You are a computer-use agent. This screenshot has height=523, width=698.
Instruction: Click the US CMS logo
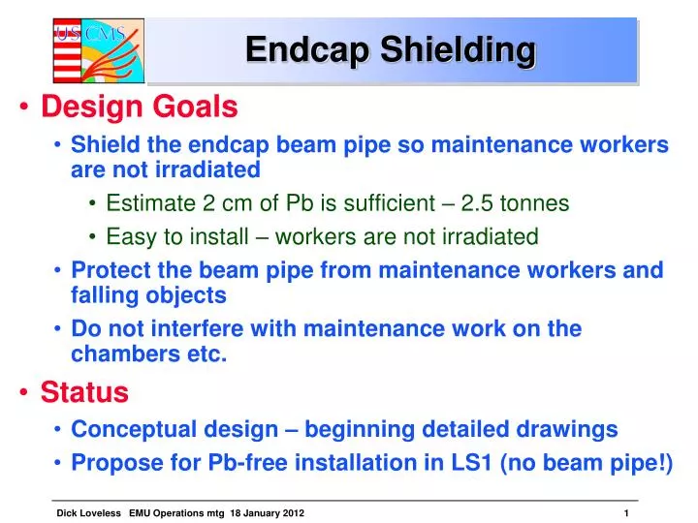(x=97, y=50)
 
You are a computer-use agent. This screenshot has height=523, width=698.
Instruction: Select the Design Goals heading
(x=139, y=106)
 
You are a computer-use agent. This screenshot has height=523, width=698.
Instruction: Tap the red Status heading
(x=84, y=392)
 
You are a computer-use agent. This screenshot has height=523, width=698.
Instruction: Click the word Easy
(x=129, y=236)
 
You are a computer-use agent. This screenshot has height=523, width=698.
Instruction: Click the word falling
(x=104, y=295)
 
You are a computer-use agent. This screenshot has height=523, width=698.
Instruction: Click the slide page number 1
(x=627, y=511)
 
